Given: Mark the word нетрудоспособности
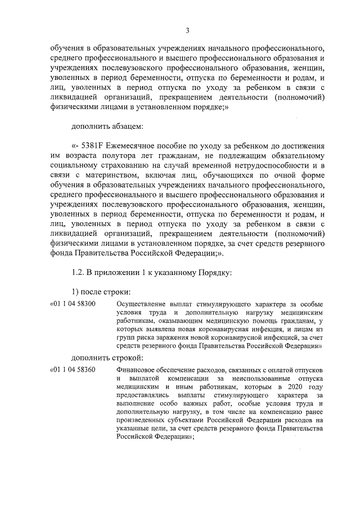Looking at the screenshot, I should (246, 166).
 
